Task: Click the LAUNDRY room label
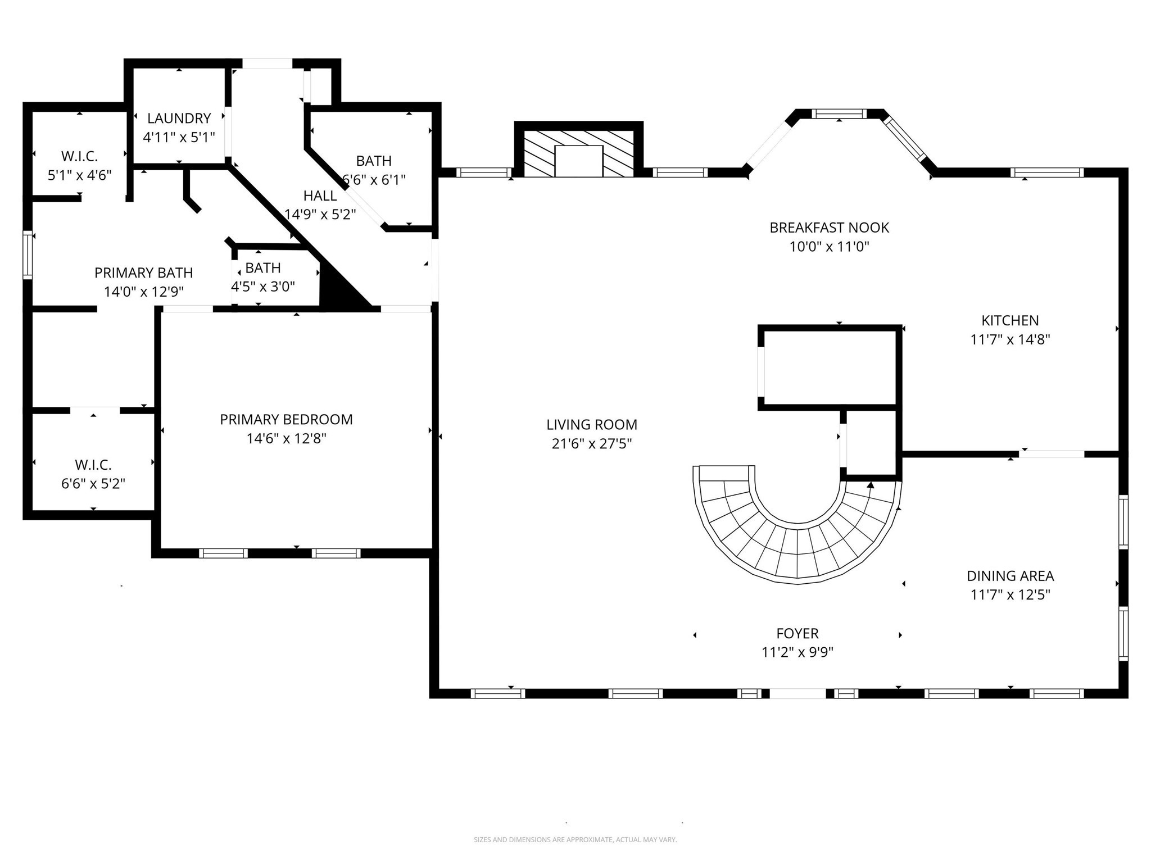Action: (179, 118)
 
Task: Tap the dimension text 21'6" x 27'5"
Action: (592, 444)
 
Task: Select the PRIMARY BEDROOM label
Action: (286, 419)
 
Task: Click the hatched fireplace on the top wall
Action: (579, 154)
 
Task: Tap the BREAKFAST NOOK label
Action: (829, 228)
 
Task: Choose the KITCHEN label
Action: (1010, 320)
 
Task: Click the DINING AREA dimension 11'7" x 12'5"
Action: (1010, 594)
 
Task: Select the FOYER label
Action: (797, 633)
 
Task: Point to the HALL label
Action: (320, 196)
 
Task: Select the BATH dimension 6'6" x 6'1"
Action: (374, 180)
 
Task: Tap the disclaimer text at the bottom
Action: (575, 839)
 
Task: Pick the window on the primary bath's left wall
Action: (28, 255)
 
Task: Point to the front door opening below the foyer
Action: (797, 693)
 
